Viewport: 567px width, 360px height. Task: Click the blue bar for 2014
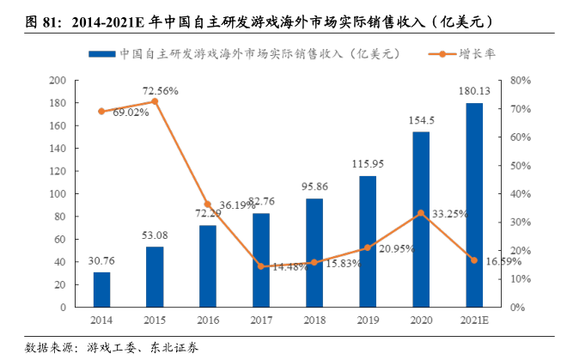(101, 289)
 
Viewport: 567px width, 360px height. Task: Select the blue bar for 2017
(261, 259)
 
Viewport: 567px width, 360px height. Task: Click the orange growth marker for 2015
(155, 101)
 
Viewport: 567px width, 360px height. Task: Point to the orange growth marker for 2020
(420, 212)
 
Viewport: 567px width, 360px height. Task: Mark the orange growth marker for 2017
(261, 265)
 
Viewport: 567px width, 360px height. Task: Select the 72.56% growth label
(161, 89)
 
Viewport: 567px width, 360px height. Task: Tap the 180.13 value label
(473, 91)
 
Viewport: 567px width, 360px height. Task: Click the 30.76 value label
(101, 261)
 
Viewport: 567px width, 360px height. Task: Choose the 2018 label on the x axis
(314, 319)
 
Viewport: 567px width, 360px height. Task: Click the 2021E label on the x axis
(473, 319)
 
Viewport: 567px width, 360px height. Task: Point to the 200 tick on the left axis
(58, 81)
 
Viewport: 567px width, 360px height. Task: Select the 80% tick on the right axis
(521, 81)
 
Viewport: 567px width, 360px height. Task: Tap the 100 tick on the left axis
(58, 193)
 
